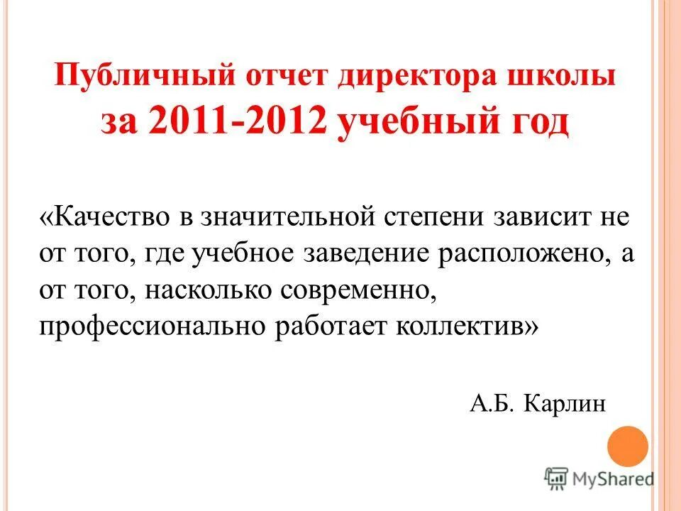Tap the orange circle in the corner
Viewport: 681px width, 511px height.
tap(628, 445)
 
